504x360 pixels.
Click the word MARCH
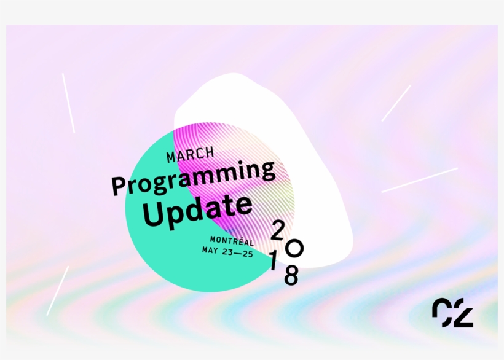tap(190, 155)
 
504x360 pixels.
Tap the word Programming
tap(193, 177)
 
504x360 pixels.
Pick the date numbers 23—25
tap(238, 252)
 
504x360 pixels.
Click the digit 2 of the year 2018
tap(277, 230)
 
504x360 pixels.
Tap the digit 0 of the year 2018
tap(294, 248)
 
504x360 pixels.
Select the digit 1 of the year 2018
tap(273, 262)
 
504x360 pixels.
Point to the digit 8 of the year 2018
tap(291, 276)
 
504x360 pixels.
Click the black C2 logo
tap(452, 313)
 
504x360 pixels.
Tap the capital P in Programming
tap(119, 186)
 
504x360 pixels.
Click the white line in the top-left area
tap(68, 103)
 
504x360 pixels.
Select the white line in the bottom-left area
tap(57, 291)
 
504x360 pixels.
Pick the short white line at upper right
tap(396, 103)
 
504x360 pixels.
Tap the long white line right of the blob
tap(419, 180)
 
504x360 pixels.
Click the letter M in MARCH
tap(171, 158)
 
